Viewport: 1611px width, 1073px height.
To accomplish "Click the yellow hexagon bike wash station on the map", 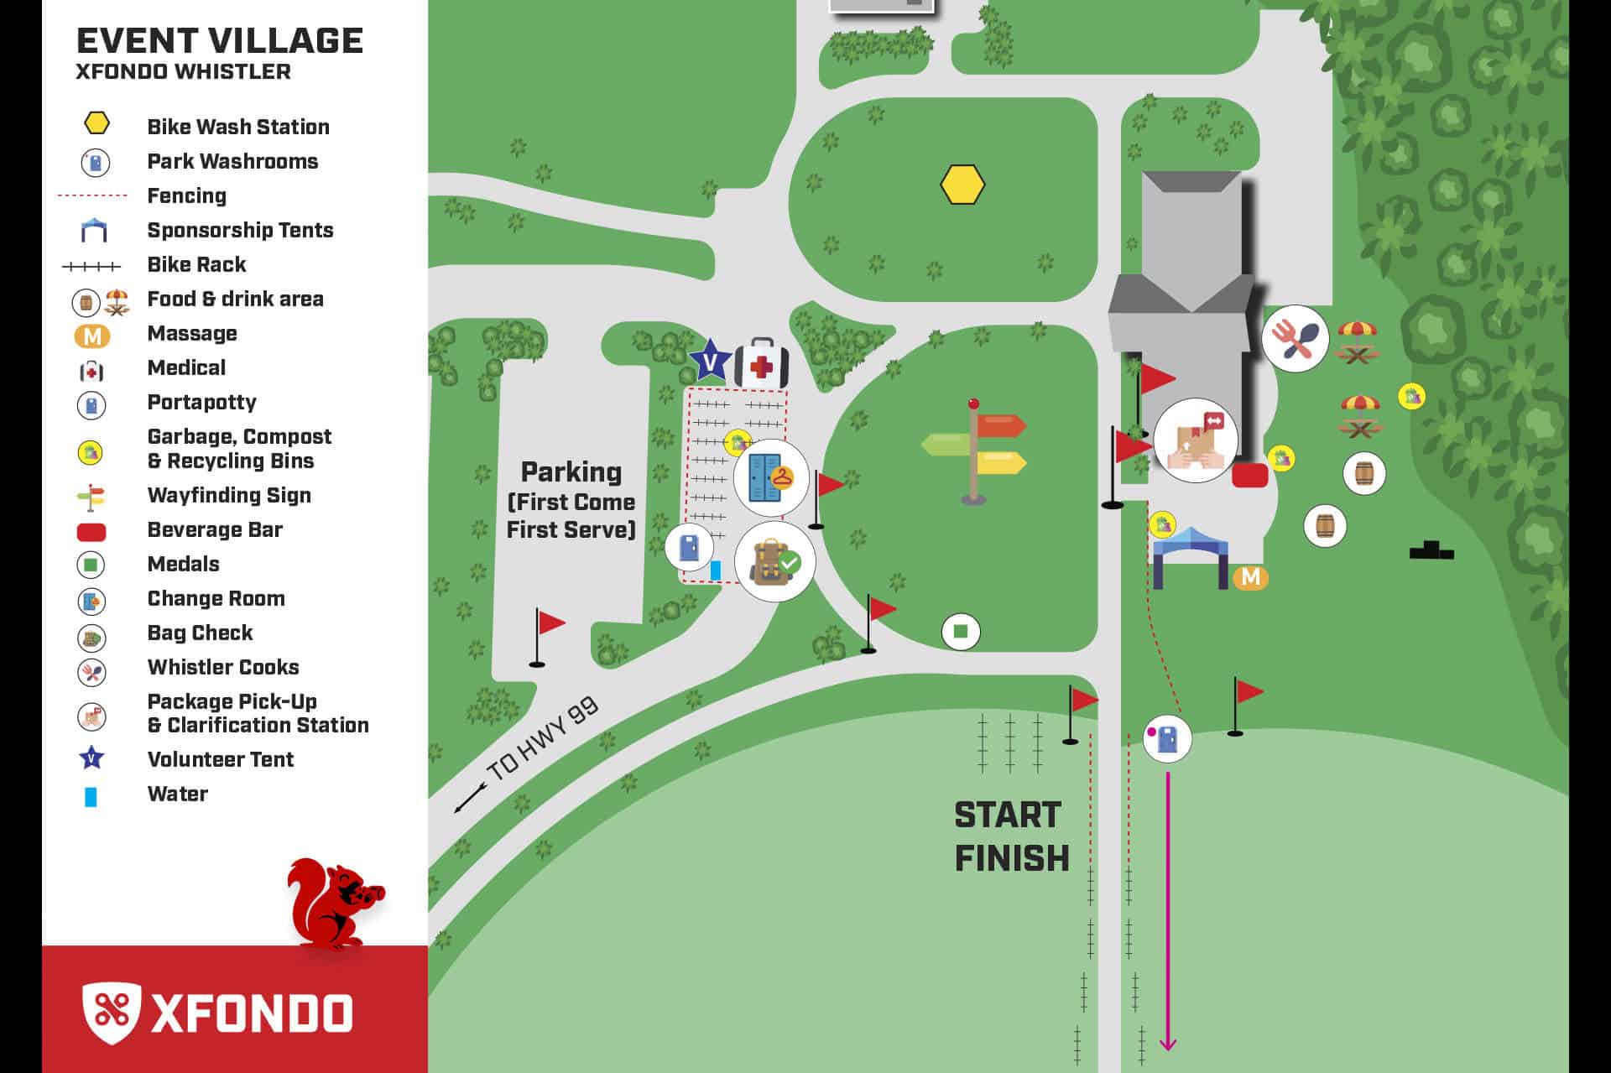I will coord(962,185).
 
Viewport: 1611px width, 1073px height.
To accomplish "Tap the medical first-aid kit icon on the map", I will coord(761,364).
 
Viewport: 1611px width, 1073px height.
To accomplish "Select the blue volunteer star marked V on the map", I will coord(710,362).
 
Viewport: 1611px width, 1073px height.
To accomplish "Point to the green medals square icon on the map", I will coord(961,632).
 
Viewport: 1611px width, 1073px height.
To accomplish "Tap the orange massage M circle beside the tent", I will coord(1250,577).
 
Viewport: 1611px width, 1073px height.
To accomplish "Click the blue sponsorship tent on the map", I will coord(1190,556).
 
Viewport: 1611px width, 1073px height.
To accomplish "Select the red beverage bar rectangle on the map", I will coord(1249,476).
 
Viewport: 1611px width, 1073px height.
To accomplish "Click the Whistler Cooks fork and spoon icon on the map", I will coord(1296,339).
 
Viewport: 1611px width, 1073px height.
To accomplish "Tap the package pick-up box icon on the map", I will coord(1196,440).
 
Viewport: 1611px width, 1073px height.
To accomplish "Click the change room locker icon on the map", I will coord(770,477).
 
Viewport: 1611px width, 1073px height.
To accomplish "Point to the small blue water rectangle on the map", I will coord(716,570).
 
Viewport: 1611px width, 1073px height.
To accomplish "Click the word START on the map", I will coord(1008,815).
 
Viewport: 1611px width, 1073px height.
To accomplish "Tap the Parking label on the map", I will coord(571,472).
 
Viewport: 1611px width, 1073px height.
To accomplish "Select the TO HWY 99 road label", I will coord(542,738).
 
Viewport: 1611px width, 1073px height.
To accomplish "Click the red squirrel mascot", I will coord(334,904).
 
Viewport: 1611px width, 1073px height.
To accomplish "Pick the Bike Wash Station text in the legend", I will coord(238,128).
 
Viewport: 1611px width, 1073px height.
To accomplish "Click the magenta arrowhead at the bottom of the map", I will coord(1167,1044).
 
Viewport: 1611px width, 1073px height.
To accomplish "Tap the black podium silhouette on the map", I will coord(1431,550).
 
